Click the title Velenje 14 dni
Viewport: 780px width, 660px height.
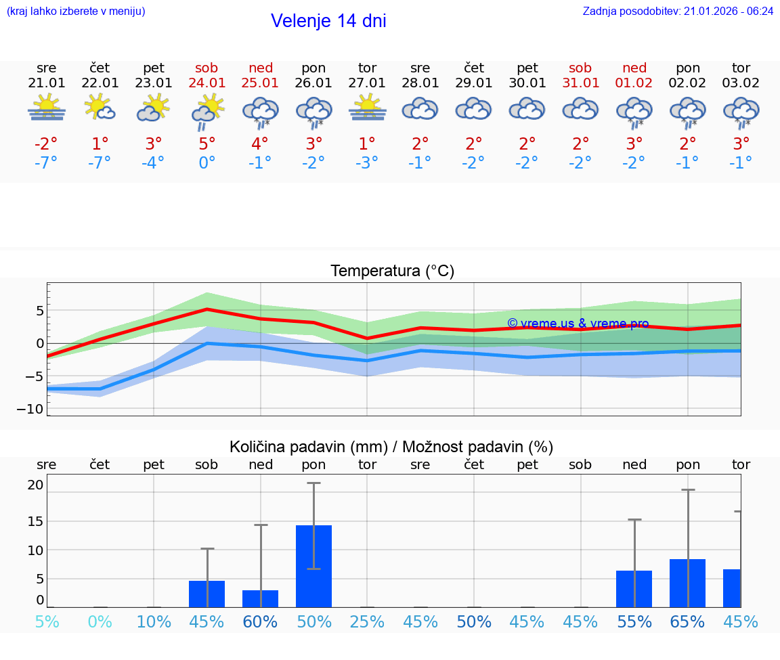[x=328, y=21]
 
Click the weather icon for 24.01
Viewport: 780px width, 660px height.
[x=207, y=111]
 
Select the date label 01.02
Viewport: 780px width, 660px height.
[x=634, y=83]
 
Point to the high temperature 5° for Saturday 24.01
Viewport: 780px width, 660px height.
[x=207, y=144]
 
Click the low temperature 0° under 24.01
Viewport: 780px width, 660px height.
[x=207, y=162]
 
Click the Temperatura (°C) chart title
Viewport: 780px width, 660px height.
[x=392, y=271]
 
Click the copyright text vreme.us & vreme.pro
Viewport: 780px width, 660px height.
[x=578, y=324]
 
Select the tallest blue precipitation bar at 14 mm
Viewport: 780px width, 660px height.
[x=314, y=566]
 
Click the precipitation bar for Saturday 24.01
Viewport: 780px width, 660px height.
[x=207, y=594]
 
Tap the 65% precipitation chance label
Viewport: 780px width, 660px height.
[x=687, y=621]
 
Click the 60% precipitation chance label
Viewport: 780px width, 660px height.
[x=261, y=621]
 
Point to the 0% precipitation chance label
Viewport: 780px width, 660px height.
[x=100, y=621]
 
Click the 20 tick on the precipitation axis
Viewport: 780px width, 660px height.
[x=35, y=485]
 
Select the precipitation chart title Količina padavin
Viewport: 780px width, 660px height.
[x=391, y=447]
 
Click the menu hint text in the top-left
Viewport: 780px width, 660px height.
[x=76, y=11]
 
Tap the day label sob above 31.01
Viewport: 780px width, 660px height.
[x=580, y=68]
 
